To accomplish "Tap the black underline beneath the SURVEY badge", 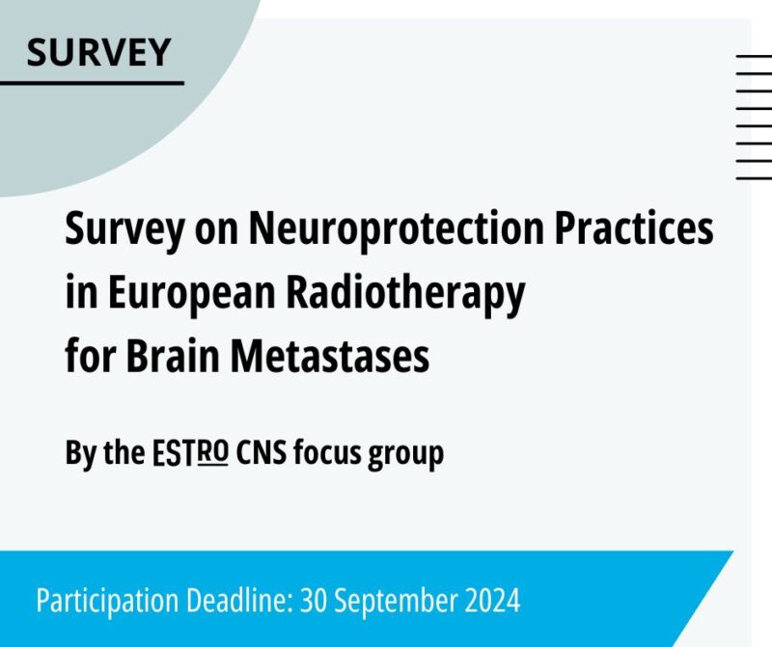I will coord(92,83).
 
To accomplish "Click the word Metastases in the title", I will coord(333,357).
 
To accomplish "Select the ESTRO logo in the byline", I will coord(189,452).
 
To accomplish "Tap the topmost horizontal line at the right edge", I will coord(754,58).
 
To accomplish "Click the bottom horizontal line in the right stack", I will coord(754,178).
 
